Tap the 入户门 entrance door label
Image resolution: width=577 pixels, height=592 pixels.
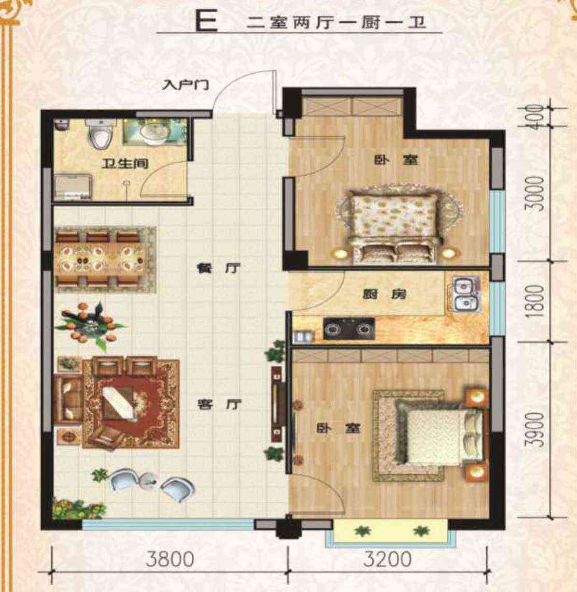[185, 84]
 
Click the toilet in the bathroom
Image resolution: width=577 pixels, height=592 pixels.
[100, 133]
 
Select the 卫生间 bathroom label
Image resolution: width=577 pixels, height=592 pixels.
[125, 164]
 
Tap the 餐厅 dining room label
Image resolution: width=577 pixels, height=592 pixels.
[219, 268]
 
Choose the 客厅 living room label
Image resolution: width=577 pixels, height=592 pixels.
[219, 405]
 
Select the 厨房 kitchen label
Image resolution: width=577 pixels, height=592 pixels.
[385, 294]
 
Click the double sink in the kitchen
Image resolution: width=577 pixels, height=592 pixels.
[465, 293]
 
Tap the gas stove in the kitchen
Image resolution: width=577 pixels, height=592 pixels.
[349, 329]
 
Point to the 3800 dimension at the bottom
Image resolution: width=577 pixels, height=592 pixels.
[170, 558]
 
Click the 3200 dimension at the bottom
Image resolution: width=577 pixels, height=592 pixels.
[387, 558]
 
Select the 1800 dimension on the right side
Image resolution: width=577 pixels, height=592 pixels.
[536, 301]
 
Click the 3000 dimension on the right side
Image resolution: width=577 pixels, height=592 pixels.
[537, 193]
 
